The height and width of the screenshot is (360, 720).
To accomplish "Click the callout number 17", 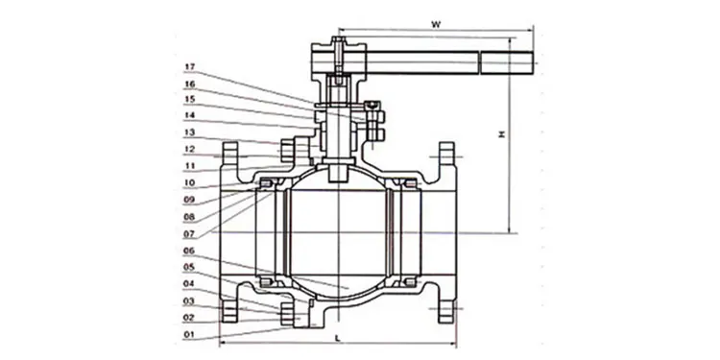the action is [x=190, y=67].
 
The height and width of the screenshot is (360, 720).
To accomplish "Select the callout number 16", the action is [x=190, y=84].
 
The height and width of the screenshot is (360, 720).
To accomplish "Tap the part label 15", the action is [x=190, y=99].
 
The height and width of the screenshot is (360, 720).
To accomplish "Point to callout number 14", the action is [x=190, y=115].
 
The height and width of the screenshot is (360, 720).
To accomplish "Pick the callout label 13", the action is [x=190, y=132].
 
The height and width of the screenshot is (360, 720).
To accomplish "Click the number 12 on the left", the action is [x=190, y=149].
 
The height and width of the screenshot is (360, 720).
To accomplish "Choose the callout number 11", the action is [x=190, y=165].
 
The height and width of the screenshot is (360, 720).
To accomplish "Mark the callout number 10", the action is [x=190, y=182].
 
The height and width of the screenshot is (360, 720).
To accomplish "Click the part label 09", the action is [x=190, y=200].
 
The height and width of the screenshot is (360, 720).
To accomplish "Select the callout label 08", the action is [x=190, y=217].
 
